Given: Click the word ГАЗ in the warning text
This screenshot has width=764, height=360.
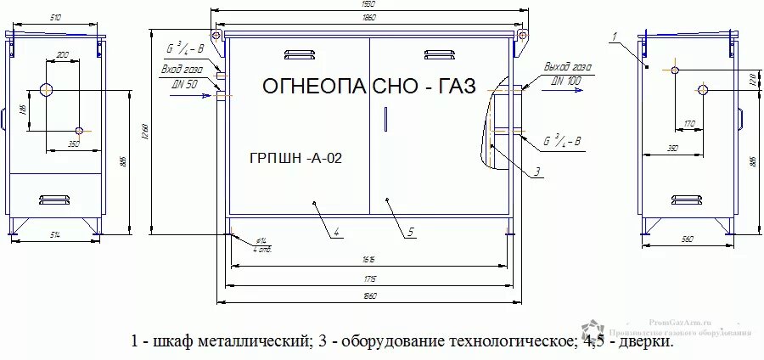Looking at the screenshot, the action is click(449, 86).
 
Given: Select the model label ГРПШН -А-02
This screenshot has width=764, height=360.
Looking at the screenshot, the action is click(295, 157).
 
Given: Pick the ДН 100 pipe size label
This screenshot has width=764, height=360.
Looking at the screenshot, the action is click(566, 79).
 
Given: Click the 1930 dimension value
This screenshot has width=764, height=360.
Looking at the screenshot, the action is click(369, 4).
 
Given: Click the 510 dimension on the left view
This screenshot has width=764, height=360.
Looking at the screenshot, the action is click(55, 16).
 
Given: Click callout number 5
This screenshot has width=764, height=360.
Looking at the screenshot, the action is click(409, 230).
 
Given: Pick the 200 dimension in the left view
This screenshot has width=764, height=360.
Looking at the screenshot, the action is click(63, 55).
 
